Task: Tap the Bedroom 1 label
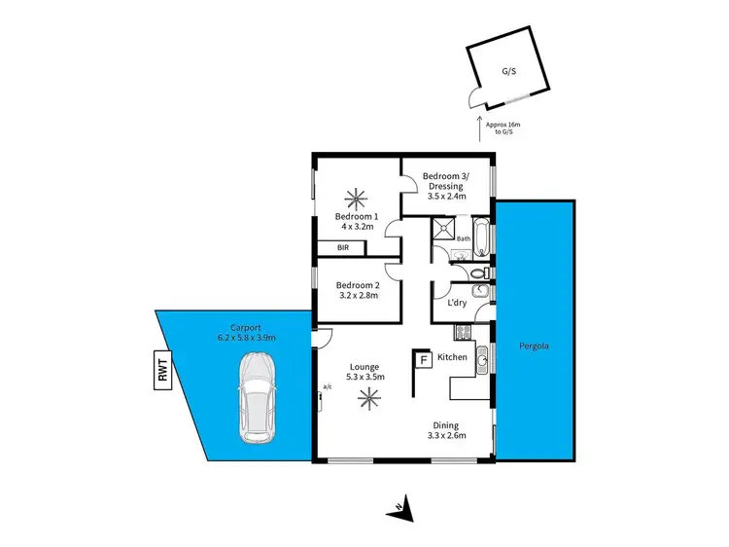tap(356, 216)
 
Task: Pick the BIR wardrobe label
tap(342, 248)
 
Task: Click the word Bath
tap(464, 238)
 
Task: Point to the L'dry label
tap(455, 303)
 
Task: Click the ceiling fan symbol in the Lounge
tap(368, 396)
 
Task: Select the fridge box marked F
tap(423, 360)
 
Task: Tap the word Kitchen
tap(453, 358)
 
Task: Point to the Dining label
tap(448, 425)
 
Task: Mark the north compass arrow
tap(402, 506)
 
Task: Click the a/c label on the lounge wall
tap(326, 388)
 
